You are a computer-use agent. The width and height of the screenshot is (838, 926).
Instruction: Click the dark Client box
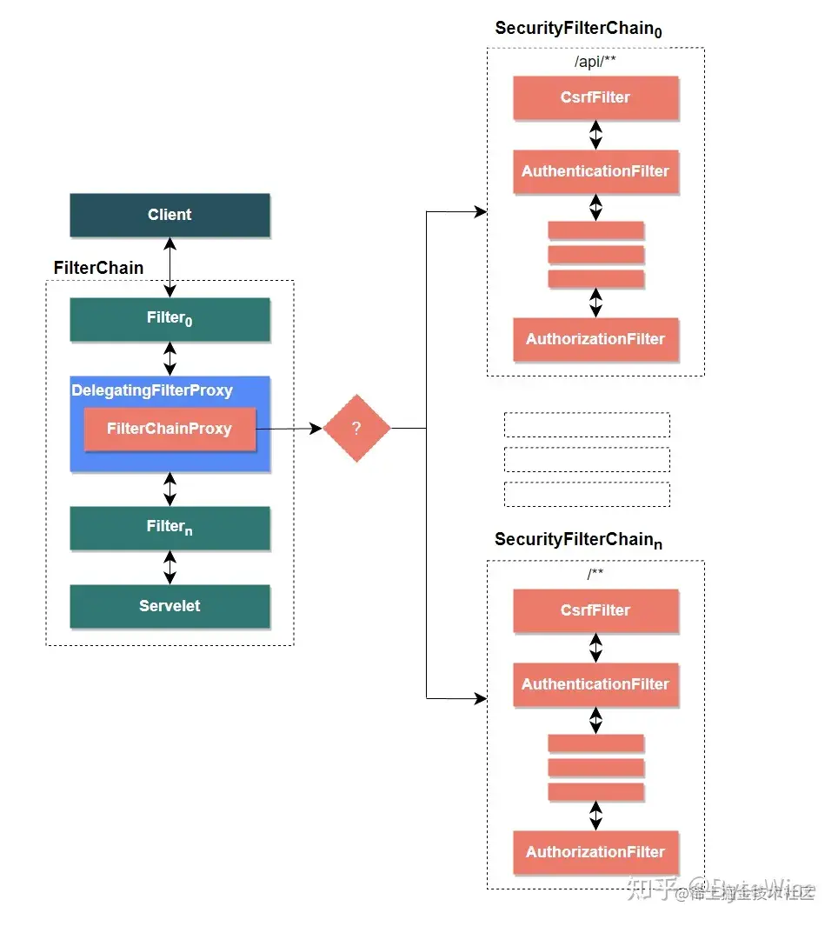coord(170,215)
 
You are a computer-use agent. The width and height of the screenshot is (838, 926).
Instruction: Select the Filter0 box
coord(170,319)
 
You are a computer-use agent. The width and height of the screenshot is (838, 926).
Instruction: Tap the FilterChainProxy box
coord(170,429)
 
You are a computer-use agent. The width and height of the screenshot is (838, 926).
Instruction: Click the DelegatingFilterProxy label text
coord(152,390)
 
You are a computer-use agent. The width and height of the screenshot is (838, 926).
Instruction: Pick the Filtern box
coord(170,528)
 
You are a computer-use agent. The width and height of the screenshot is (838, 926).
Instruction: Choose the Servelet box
coord(170,606)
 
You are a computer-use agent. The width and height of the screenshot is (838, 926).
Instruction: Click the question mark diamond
coord(356,429)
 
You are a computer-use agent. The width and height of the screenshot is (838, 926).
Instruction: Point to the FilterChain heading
coord(98,268)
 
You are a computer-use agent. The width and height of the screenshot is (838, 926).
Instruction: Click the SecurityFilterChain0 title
coord(578,29)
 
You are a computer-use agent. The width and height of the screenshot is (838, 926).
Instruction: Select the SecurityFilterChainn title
coord(578,540)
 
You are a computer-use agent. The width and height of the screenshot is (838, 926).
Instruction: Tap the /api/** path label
coord(595,62)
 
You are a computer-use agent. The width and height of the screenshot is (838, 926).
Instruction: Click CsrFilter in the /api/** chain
coord(595,97)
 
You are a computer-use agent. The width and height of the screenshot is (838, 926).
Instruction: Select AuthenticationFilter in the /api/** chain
coord(595,171)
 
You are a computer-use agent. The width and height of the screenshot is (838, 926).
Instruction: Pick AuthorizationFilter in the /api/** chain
coord(595,339)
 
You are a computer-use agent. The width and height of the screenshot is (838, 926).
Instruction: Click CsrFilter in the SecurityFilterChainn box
coord(595,610)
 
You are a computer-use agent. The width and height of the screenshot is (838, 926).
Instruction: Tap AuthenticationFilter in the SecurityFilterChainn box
coord(595,684)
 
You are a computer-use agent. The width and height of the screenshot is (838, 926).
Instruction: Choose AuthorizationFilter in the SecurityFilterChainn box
coord(595,852)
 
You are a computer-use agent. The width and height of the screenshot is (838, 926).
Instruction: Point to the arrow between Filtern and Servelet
coord(170,567)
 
